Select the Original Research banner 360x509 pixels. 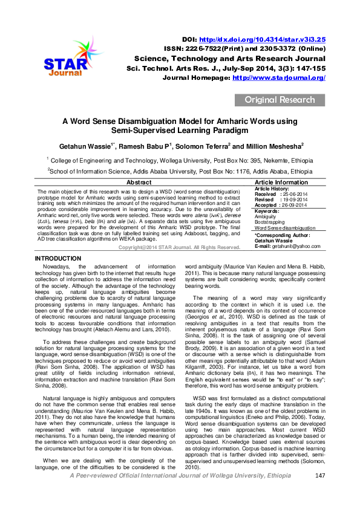(x=279, y=100)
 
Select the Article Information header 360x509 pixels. (x=281, y=182)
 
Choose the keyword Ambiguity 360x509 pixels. (x=266, y=216)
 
